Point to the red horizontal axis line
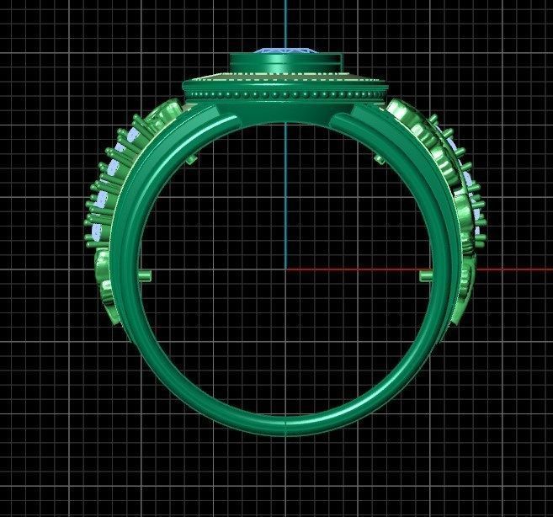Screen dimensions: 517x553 [x=505, y=269]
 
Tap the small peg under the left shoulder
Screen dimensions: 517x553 [x=192, y=158]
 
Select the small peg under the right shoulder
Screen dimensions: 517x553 [x=380, y=157]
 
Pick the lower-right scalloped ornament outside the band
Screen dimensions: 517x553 [x=465, y=286]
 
